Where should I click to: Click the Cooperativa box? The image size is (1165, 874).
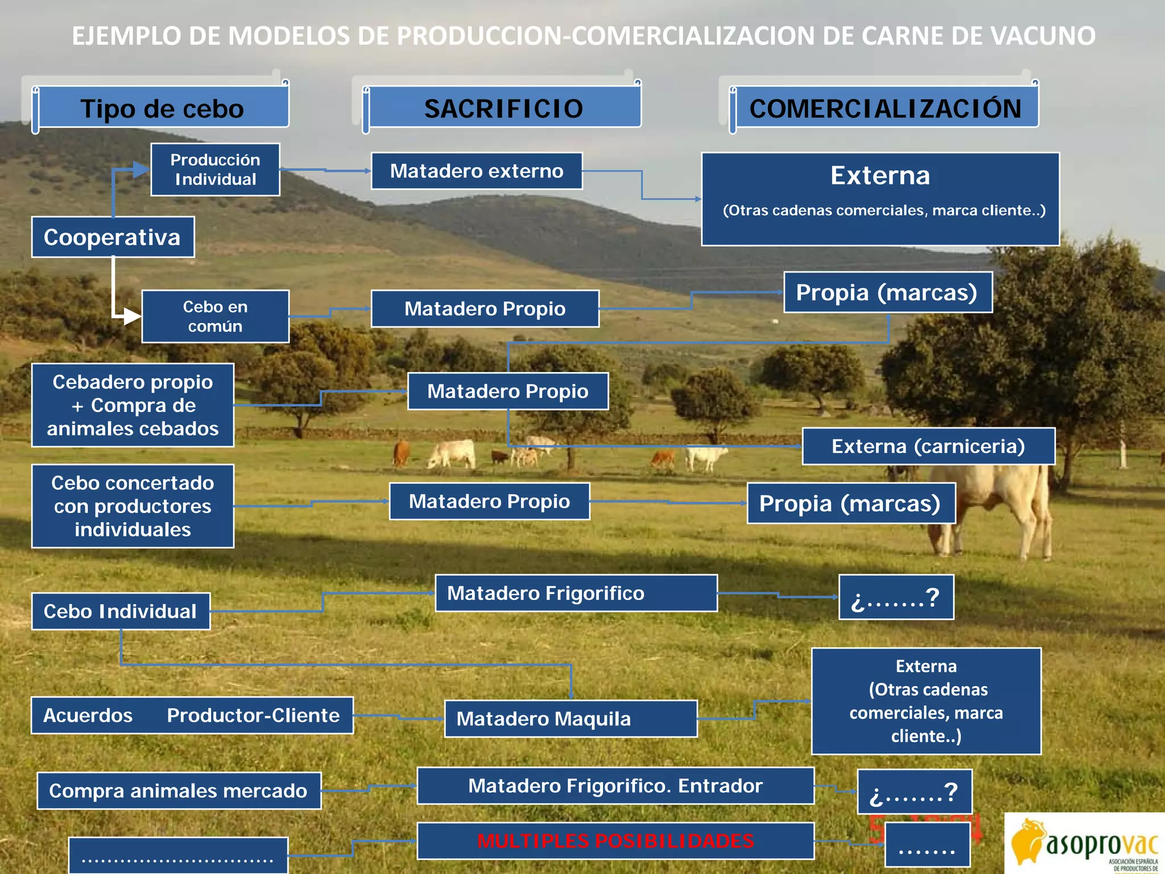pos(113,237)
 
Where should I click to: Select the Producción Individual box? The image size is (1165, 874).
pos(215,170)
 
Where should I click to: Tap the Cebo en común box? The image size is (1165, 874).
pos(215,316)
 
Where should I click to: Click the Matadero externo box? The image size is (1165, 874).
pos(477,171)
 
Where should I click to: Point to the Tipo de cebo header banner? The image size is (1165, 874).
pos(162,108)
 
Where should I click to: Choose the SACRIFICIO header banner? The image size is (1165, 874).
pos(503,108)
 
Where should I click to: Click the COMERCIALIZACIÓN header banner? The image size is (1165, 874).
pos(885,108)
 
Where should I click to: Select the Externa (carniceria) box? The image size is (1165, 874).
pos(928,447)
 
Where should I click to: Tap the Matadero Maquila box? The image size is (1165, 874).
pos(571,719)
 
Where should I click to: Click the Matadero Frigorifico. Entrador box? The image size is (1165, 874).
pos(615,786)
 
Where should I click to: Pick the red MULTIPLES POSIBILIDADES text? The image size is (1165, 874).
pos(615,840)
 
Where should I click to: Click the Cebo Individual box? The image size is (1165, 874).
pos(121,611)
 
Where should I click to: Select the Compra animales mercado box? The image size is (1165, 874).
pos(179,791)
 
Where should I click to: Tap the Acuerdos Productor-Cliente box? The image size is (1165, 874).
pos(192,715)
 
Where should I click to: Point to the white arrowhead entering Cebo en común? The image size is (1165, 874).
pos(132,316)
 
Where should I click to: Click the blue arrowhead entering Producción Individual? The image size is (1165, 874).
pos(141,169)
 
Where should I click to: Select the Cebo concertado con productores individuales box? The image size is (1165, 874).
pos(133,506)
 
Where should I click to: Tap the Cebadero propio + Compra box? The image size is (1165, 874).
pos(133,405)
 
